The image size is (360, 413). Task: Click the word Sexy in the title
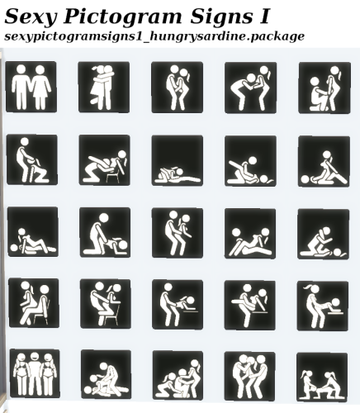[31, 17]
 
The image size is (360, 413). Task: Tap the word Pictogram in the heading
[123, 17]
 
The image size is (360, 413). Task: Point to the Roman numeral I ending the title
[263, 16]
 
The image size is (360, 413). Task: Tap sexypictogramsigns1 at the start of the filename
[73, 36]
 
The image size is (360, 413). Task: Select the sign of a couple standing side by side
[31, 87]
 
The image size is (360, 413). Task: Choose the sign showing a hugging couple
[104, 87]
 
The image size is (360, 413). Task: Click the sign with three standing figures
[35, 373]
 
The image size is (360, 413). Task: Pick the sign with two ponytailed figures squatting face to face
[322, 377]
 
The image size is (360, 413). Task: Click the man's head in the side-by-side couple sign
[21, 70]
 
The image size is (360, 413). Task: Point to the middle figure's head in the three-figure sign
[35, 357]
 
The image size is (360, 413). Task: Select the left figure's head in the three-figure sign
[21, 358]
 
